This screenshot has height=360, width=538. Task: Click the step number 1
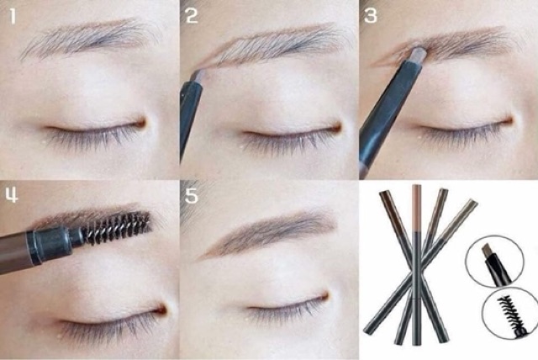coord(13,17)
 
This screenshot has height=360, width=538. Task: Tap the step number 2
coord(192,16)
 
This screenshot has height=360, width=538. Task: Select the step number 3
coord(370,16)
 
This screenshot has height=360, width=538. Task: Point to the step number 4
coord(11,196)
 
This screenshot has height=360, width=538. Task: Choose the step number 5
coord(192,196)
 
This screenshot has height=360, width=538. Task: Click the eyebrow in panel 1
coord(90,38)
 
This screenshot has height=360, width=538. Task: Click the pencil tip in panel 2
coord(200,77)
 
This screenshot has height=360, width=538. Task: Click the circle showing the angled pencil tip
coord(494,261)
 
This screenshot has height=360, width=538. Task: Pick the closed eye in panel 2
coord(292,135)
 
